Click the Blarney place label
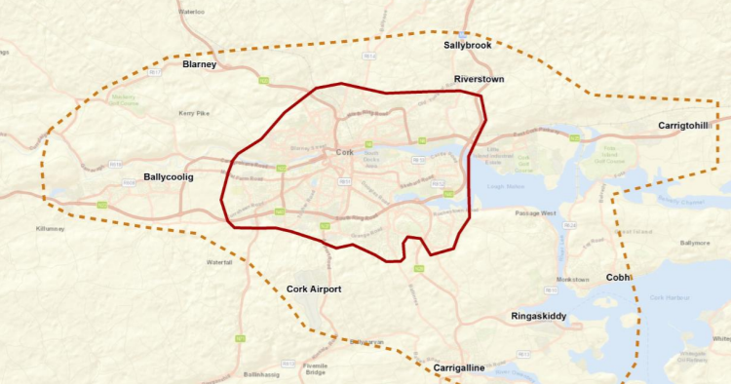pyautogui.click(x=199, y=64)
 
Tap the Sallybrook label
pyautogui.click(x=467, y=45)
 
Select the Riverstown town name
pyautogui.click(x=479, y=79)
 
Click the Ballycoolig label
pyautogui.click(x=169, y=177)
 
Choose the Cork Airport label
pyautogui.click(x=314, y=289)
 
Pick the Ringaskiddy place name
pyautogui.click(x=538, y=317)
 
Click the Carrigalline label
pyautogui.click(x=459, y=367)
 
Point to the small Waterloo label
pyautogui.click(x=192, y=12)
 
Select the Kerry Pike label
pyautogui.click(x=194, y=113)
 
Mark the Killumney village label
pyautogui.click(x=49, y=227)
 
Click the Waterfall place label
pyautogui.click(x=220, y=262)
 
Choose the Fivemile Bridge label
pyautogui.click(x=316, y=368)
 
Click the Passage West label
pyautogui.click(x=535, y=211)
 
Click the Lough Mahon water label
pyautogui.click(x=505, y=185)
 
